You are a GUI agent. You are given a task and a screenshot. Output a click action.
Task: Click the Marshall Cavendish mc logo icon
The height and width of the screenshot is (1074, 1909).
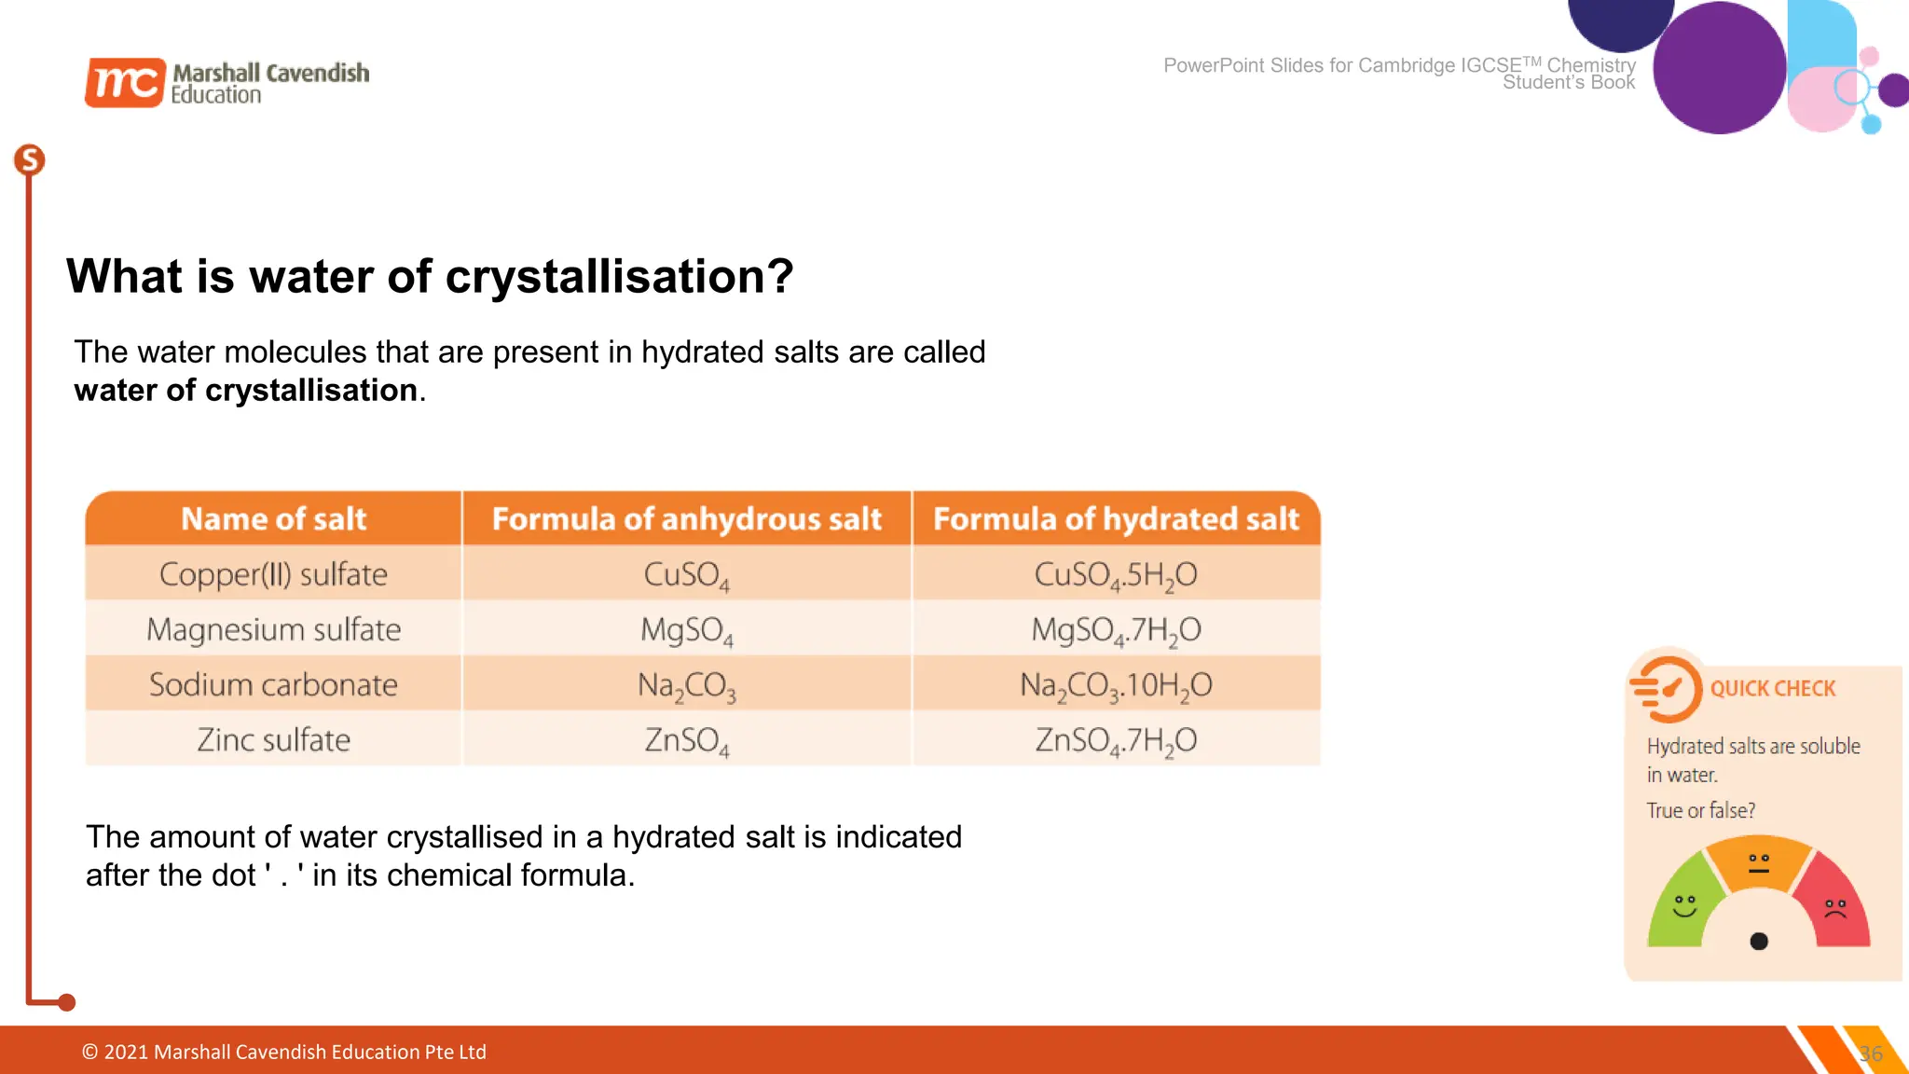[x=125, y=82]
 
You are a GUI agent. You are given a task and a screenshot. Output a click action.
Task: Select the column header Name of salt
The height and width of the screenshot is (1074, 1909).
[x=273, y=518]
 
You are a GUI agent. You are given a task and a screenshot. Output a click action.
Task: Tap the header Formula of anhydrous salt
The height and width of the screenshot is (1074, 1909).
[x=686, y=518]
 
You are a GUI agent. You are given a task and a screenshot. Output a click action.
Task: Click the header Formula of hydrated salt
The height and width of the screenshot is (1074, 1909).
[x=1116, y=518]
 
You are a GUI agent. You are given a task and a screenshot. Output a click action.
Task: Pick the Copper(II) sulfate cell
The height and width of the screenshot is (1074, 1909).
[x=273, y=574]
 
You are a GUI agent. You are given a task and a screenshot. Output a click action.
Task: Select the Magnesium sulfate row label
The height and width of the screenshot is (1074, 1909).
[x=273, y=629]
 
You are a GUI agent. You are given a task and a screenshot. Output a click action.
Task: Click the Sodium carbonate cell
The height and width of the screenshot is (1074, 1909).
[x=273, y=685]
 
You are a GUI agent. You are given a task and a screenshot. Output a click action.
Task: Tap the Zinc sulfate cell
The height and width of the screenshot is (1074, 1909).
[x=273, y=740]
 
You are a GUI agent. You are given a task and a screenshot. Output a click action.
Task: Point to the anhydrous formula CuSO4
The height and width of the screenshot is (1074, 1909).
[x=686, y=574]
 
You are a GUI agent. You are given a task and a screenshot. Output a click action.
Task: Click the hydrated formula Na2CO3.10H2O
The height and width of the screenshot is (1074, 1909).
[x=1116, y=685]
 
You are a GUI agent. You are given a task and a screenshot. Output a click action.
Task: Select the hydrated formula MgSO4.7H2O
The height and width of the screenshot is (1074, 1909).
[x=1116, y=630]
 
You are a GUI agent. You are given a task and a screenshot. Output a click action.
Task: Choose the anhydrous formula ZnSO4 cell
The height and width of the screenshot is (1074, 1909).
[x=686, y=740]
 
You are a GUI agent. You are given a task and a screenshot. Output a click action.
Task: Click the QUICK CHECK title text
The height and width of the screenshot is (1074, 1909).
[x=1772, y=689]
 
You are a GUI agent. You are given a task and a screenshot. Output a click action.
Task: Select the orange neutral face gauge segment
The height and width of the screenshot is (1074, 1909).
[x=1758, y=862]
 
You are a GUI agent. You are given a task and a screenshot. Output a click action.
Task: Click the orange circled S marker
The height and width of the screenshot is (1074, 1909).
[x=30, y=160]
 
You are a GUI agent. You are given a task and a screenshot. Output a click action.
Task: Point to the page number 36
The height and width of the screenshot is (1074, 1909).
[x=1870, y=1053]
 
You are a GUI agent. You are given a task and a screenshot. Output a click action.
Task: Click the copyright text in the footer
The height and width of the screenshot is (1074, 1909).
[x=284, y=1052]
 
